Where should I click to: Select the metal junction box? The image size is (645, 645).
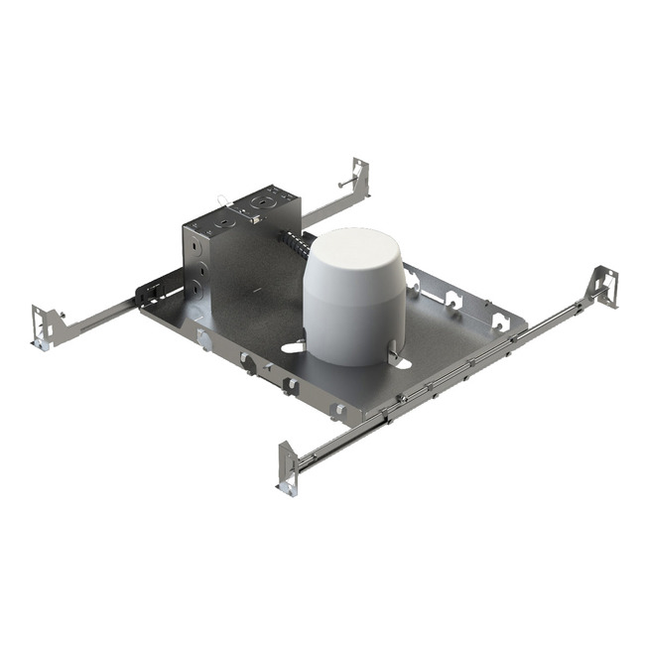click(x=238, y=248)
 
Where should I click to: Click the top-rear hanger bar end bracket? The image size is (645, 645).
click(x=358, y=178)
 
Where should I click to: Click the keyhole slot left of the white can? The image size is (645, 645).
click(x=294, y=347)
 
